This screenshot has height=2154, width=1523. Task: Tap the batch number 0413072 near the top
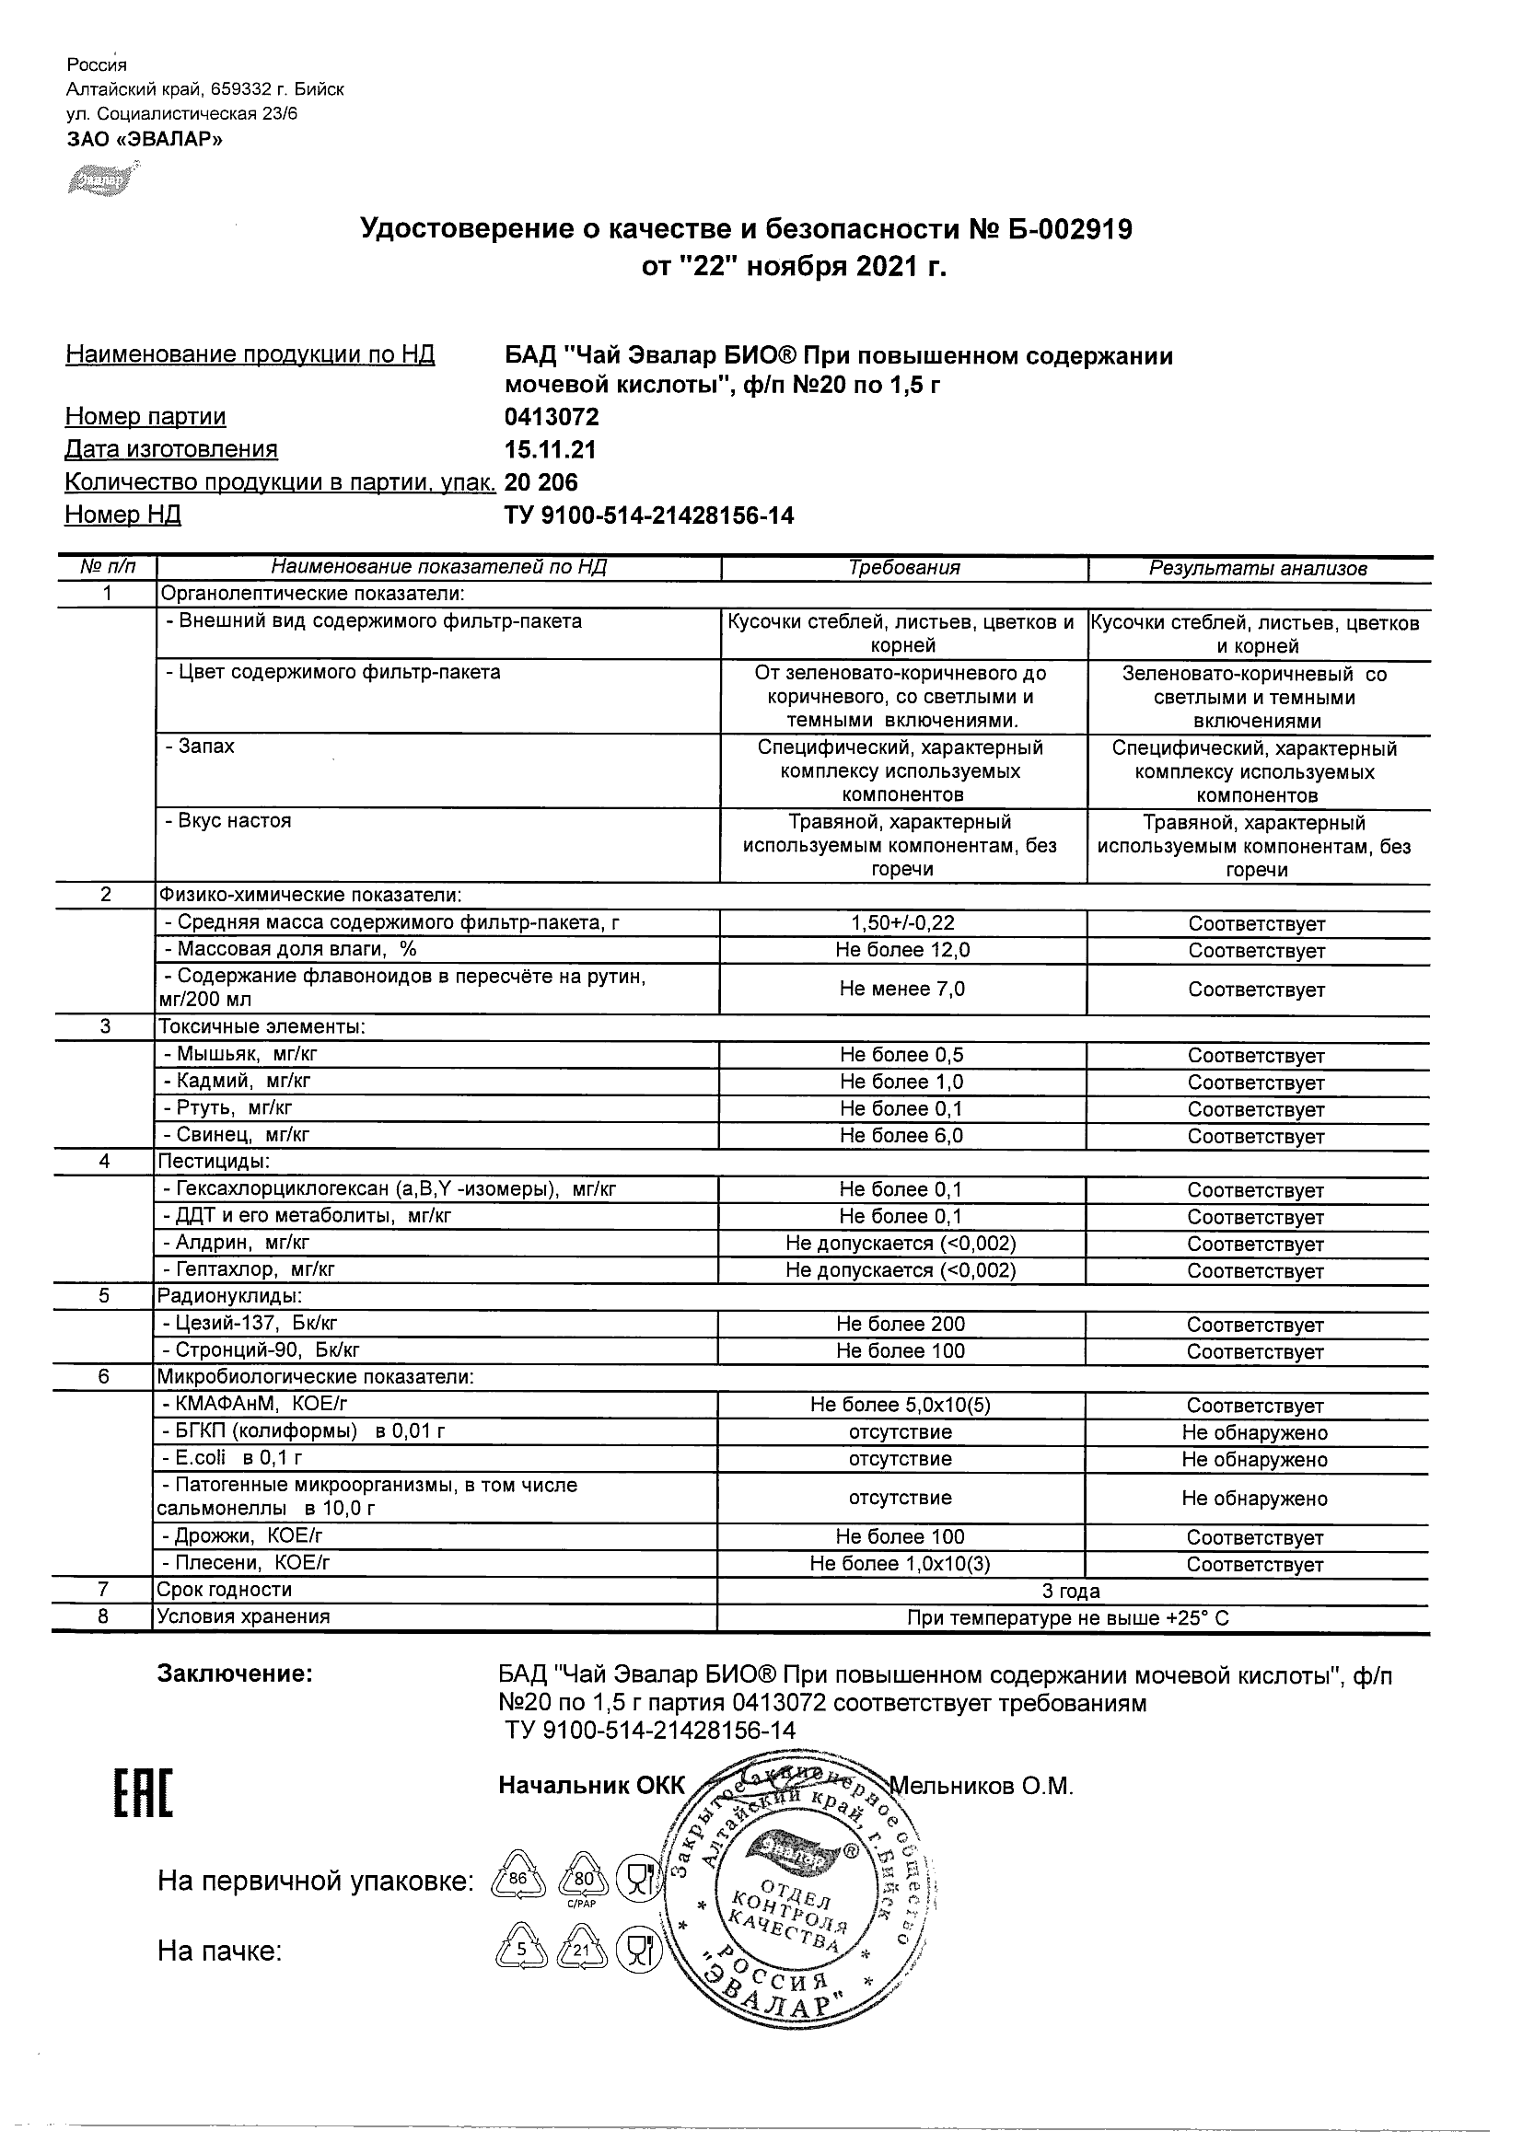point(551,417)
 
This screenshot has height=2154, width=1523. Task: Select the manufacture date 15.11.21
point(550,449)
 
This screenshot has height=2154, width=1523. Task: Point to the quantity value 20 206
point(541,482)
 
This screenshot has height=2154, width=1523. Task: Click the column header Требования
point(903,568)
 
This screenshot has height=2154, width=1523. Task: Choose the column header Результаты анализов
point(1258,569)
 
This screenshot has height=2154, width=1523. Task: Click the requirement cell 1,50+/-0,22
point(902,923)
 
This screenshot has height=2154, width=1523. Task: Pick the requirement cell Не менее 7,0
point(902,989)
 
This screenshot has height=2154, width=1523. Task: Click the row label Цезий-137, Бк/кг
point(249,1324)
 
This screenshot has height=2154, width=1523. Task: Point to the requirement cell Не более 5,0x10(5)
point(901,1405)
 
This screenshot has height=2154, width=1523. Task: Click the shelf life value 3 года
point(1071,1590)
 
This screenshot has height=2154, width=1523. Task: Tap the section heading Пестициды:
point(214,1162)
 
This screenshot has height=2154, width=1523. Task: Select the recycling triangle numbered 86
point(518,1879)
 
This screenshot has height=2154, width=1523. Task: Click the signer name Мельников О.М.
point(982,1786)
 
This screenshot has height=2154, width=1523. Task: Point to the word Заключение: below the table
point(235,1673)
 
